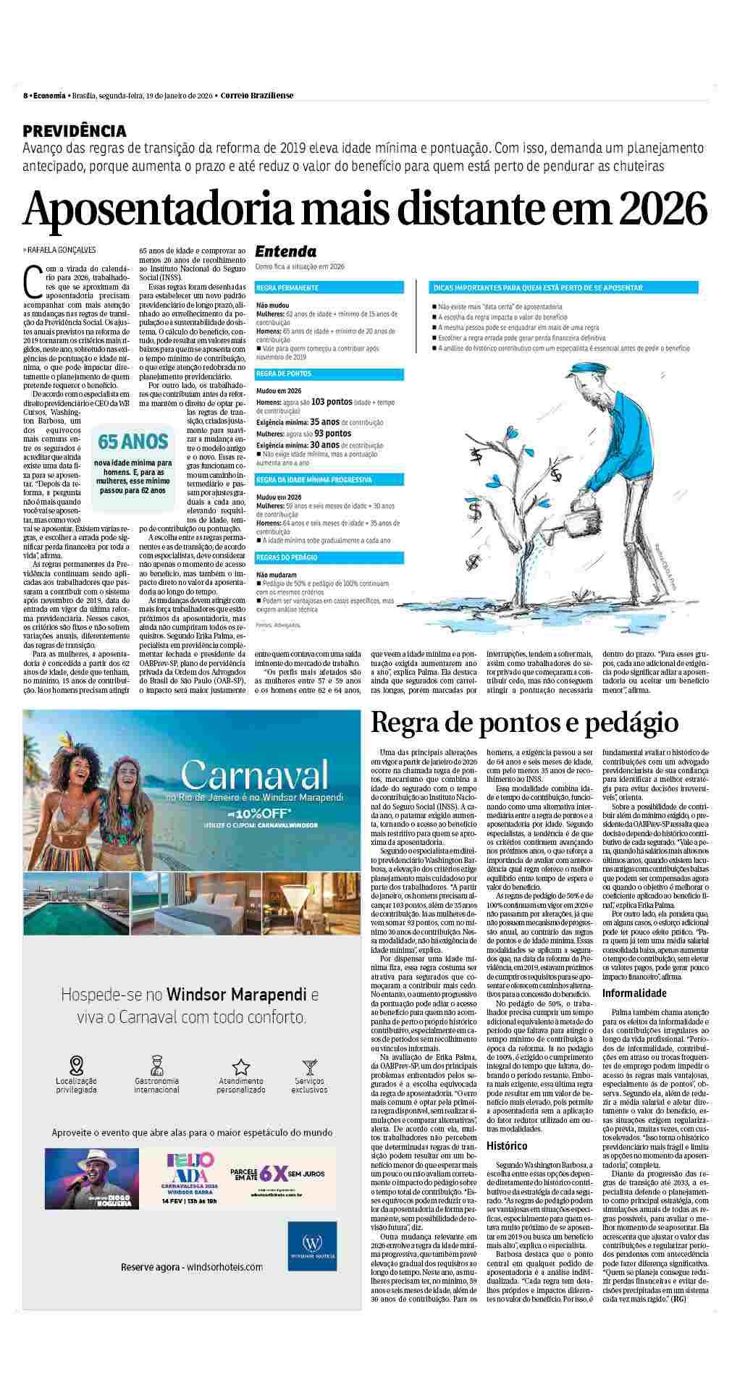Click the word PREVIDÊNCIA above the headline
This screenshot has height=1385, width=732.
tap(75, 131)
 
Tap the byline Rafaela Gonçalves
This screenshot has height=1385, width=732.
tap(62, 250)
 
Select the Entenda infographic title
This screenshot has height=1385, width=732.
tap(285, 251)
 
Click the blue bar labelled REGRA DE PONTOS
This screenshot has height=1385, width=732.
tap(329, 374)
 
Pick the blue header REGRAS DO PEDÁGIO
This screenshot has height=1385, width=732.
tap(329, 557)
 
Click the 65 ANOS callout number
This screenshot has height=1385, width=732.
tap(132, 441)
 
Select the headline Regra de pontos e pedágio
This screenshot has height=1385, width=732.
tap(524, 723)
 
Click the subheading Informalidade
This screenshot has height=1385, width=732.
tap(634, 993)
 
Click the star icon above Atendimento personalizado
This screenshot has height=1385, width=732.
tap(240, 1066)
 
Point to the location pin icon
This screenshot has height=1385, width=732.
tap(76, 1065)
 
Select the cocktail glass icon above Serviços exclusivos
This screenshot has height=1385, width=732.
tap(310, 1066)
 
